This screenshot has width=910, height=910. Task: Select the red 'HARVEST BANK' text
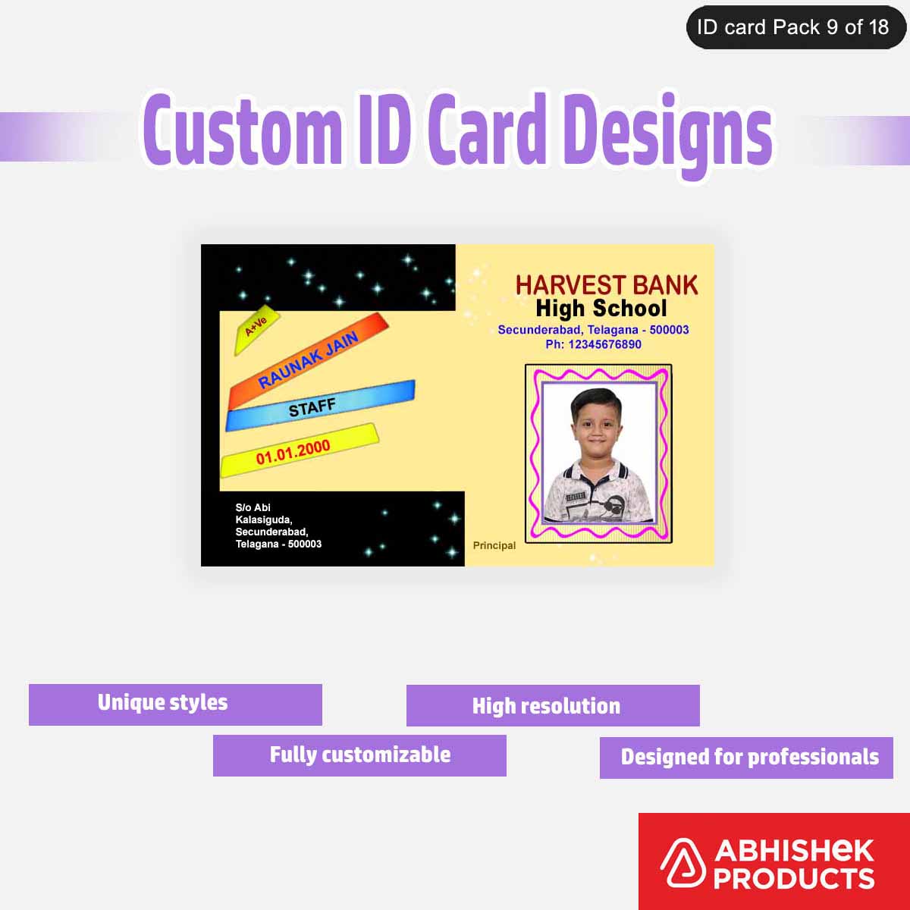coord(607,285)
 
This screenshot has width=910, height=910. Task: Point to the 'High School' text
coord(601,309)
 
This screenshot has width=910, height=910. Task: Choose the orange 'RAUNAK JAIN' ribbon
coord(309,360)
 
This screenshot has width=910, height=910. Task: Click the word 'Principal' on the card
coord(494,545)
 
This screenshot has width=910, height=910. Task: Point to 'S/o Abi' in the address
coord(253,507)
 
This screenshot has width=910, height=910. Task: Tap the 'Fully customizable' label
coord(360,755)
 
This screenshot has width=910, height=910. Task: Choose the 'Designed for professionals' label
coord(749,757)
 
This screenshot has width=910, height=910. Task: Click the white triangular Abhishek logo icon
coord(681,864)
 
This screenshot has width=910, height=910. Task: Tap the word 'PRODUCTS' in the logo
coord(793,879)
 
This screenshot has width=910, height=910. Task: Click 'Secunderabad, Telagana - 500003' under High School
coord(593,330)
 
